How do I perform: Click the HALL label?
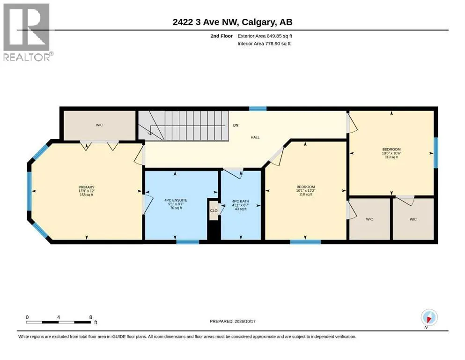[255, 137]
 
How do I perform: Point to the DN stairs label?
[236, 125]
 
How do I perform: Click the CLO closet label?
[214, 211]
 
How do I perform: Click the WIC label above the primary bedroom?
[99, 125]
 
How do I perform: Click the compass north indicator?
[429, 318]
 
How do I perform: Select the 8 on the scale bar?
[91, 317]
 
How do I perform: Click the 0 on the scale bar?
[27, 317]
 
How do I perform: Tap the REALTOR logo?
[27, 32]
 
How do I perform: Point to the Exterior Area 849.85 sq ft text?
[265, 36]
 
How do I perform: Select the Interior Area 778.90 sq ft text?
[264, 44]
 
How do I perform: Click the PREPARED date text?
[232, 321]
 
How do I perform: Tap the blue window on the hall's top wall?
[258, 109]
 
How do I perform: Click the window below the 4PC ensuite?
[188, 242]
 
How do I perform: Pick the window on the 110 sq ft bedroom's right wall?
[435, 153]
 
